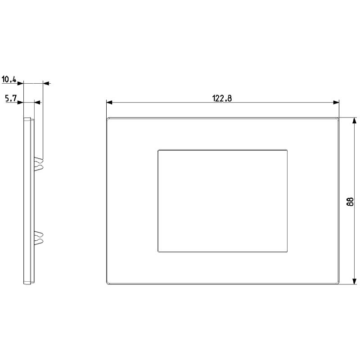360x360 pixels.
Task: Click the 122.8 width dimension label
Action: [222, 99]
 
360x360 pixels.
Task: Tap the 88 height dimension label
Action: [350, 201]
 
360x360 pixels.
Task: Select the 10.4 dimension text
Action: [9, 80]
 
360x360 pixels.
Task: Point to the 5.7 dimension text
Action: [11, 99]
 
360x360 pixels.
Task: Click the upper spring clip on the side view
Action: [39, 164]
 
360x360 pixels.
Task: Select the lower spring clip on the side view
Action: [39, 238]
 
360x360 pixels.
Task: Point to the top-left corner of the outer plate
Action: [107, 118]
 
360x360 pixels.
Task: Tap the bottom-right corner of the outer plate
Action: [338, 284]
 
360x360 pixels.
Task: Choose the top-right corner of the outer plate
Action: [338, 118]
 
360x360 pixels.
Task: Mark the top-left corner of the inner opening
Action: [158, 149]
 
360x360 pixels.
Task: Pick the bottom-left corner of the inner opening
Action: [158, 251]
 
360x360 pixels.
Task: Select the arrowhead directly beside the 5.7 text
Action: [20, 103]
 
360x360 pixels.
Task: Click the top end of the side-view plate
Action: [27, 119]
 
